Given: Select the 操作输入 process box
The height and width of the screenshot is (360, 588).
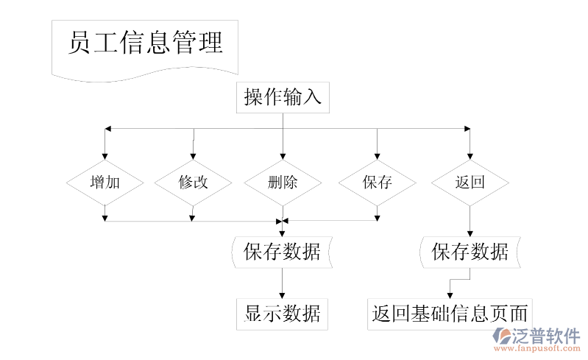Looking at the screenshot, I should [x=283, y=97].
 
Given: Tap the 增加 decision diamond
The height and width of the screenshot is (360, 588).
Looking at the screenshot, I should [x=105, y=182].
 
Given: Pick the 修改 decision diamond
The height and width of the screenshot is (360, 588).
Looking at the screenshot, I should [x=193, y=182].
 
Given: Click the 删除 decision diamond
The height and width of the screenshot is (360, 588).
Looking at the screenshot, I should [x=283, y=182].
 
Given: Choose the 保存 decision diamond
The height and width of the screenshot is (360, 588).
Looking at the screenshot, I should [x=377, y=182].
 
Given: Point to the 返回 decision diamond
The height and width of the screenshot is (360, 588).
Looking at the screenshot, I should [x=470, y=182].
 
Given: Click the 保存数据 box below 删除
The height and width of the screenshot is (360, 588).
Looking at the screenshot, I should [x=283, y=252].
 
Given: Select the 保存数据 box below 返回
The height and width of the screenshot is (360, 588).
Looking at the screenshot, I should [x=470, y=252].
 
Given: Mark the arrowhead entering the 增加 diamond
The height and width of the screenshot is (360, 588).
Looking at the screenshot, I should [x=105, y=155].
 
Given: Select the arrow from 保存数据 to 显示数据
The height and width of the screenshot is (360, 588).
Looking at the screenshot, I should [x=283, y=283].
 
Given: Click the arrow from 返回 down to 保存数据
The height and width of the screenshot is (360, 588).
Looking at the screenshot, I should [x=470, y=219].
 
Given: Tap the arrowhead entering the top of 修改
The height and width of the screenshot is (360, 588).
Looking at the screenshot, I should [x=193, y=155].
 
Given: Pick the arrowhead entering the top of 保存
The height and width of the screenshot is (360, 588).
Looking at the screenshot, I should [x=377, y=155].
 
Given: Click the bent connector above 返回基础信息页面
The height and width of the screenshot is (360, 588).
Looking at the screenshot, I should [x=459, y=279].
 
